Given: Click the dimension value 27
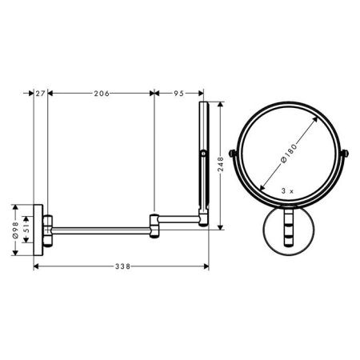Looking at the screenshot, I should (42, 94).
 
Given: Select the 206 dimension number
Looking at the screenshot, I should (101, 94).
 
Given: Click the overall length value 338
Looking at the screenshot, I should (121, 266).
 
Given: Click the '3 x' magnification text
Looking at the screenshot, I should (289, 193).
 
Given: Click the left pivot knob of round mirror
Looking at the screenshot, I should (233, 153).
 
